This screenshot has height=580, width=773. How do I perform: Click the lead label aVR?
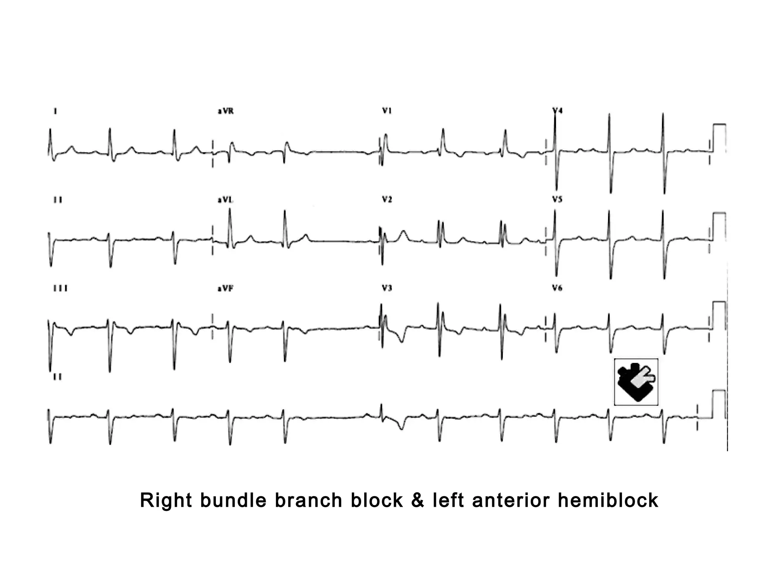(225, 111)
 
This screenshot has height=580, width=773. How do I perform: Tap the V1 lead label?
(387, 111)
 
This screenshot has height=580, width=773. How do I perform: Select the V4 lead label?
(557, 111)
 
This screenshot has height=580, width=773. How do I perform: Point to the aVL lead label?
(225, 200)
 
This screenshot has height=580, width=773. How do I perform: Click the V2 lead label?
(387, 199)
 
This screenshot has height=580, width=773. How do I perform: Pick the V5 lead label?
(557, 199)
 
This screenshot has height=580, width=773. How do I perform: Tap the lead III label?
(60, 288)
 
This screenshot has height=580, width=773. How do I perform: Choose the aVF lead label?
(225, 288)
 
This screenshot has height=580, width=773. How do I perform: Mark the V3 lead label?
(387, 288)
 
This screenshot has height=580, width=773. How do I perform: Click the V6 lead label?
(557, 288)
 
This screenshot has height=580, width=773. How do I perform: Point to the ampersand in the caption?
(418, 501)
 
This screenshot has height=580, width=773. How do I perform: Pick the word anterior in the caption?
(511, 501)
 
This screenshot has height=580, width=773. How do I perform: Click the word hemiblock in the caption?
(608, 501)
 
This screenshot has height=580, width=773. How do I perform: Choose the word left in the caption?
(448, 501)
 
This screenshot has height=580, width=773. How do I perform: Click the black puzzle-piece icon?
(636, 382)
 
